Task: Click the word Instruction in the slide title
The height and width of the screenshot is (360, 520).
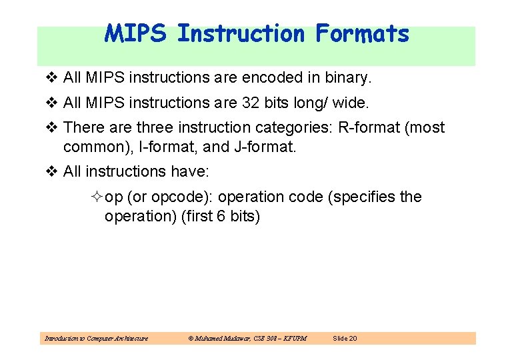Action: pyautogui.click(x=241, y=33)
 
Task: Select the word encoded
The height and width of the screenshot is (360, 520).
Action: pyautogui.click(x=272, y=78)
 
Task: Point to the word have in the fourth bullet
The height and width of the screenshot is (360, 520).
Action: pyautogui.click(x=191, y=172)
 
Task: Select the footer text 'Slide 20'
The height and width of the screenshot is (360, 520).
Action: pyautogui.click(x=345, y=339)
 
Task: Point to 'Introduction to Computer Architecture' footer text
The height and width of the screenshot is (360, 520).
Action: pyautogui.click(x=96, y=339)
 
